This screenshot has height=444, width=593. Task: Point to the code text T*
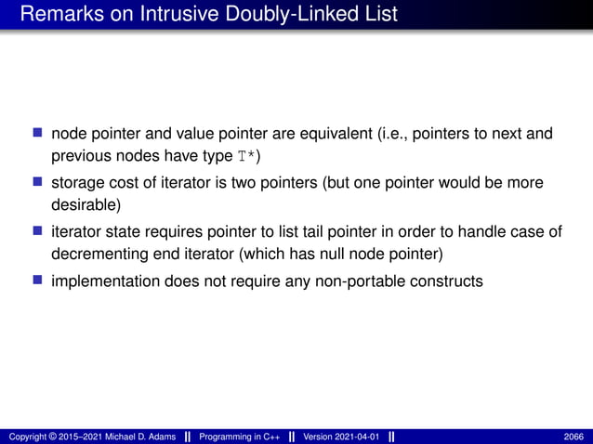(247, 156)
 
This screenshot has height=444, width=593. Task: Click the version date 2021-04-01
(354, 437)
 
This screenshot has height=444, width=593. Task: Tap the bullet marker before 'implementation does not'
(39, 279)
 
